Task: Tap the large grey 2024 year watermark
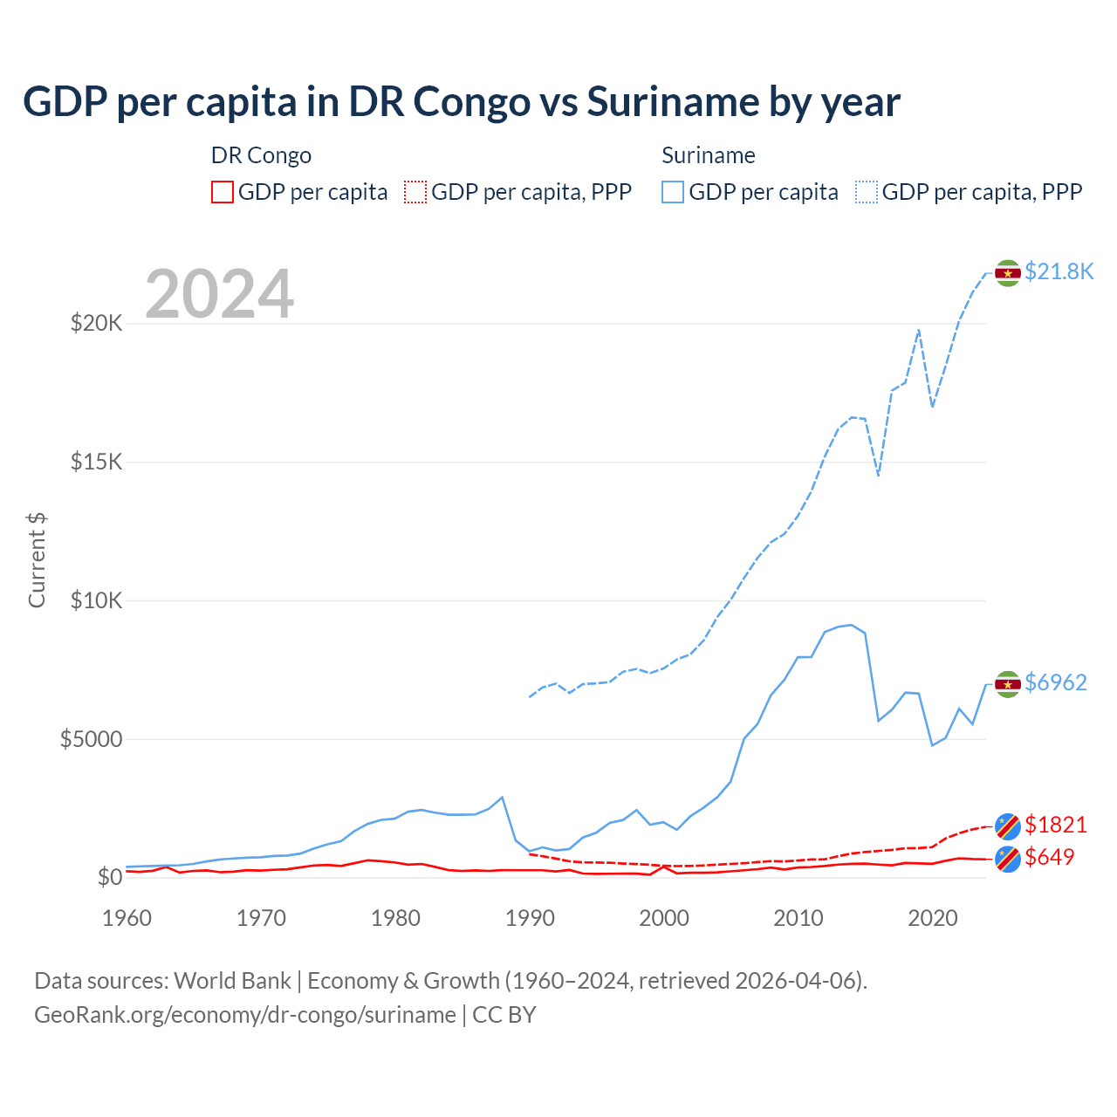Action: click(219, 294)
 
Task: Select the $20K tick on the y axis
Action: click(96, 324)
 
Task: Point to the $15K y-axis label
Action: click(96, 462)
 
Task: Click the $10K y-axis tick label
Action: click(96, 600)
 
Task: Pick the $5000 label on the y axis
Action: click(91, 739)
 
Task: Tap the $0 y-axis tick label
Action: click(109, 877)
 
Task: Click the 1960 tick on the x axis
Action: click(127, 918)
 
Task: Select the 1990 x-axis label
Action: click(530, 918)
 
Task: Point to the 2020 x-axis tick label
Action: click(933, 918)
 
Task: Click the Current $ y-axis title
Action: click(37, 560)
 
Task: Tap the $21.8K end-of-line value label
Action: click(1059, 271)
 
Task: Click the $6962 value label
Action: click(1056, 682)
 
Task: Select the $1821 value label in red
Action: click(1056, 825)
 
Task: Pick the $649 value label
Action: click(1050, 857)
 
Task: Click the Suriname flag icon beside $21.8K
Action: click(1008, 273)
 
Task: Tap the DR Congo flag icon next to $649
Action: click(1008, 859)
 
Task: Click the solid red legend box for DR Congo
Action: click(223, 192)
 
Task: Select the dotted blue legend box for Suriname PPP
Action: click(867, 192)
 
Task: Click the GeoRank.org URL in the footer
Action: click(245, 1015)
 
